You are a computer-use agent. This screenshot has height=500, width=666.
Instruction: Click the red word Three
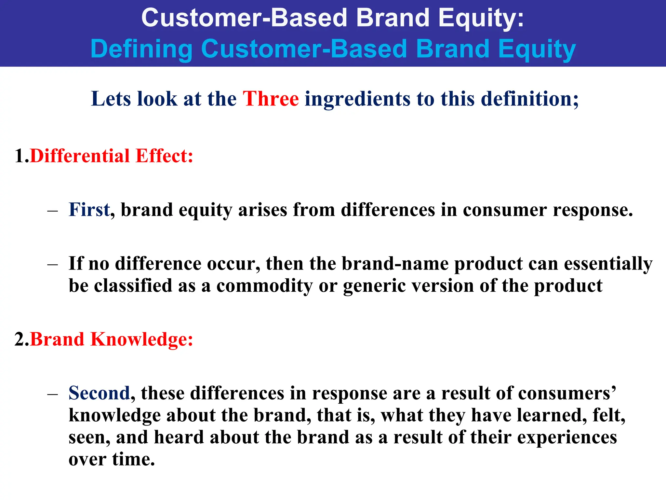[x=271, y=99]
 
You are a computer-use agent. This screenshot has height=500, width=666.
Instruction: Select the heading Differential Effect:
[x=112, y=156]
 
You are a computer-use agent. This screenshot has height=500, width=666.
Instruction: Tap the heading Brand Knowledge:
[x=112, y=339]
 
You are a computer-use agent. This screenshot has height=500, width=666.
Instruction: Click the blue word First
[x=89, y=210]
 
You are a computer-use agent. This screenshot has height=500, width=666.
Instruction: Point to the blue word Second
[x=99, y=393]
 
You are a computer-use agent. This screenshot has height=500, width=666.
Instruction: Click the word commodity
[x=264, y=286]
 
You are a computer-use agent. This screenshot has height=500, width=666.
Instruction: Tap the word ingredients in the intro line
[x=357, y=99]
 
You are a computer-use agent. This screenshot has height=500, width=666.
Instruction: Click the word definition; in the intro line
[x=530, y=99]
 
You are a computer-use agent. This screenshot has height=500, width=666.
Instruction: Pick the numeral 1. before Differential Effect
[x=21, y=156]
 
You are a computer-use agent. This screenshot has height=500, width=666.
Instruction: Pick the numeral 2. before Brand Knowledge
[x=21, y=339]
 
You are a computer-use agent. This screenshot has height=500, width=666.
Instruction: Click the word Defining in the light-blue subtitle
[x=141, y=49]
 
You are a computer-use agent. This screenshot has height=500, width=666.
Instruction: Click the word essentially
[x=608, y=264]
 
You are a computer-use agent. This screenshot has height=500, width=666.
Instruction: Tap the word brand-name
[x=395, y=264]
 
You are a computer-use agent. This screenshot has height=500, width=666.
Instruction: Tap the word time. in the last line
[x=133, y=459]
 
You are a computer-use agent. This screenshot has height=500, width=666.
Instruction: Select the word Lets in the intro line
[x=111, y=99]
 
